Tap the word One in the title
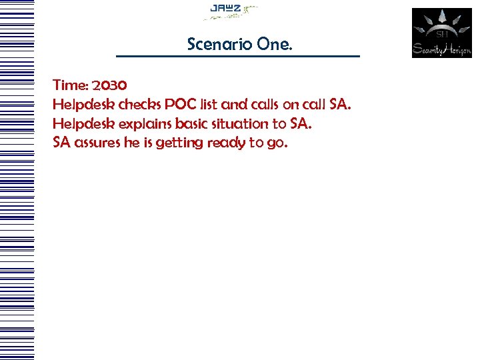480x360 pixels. tap(272, 44)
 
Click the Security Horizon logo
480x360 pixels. tap(441, 33)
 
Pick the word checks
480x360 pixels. tap(139, 105)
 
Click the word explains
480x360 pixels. tap(145, 124)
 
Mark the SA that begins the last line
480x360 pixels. tap(62, 143)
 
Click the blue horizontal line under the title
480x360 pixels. tap(237, 56)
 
